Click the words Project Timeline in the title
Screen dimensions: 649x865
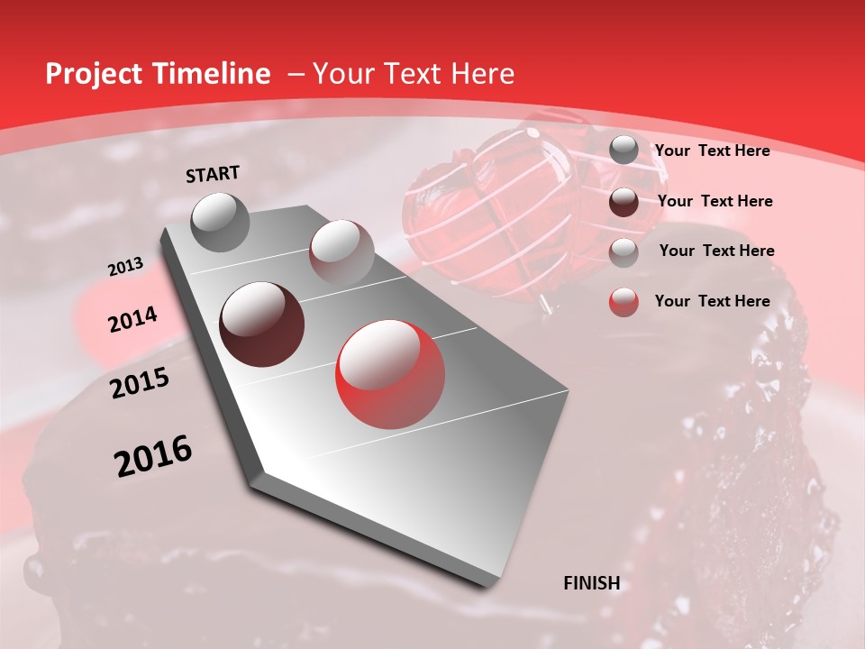158,74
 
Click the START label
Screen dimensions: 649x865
213,174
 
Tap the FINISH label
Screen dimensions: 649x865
591,583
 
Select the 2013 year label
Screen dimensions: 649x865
125,267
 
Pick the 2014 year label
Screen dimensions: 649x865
132,320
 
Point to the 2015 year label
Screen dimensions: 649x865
139,384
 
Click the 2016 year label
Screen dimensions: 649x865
153,455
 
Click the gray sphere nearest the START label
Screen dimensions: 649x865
220,222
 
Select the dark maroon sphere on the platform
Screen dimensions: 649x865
261,324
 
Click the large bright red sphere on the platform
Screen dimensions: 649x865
390,374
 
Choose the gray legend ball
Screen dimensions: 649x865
624,150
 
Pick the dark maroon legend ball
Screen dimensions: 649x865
624,201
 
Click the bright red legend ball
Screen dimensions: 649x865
624,301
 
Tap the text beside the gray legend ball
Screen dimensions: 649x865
712,151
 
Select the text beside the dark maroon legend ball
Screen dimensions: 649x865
715,201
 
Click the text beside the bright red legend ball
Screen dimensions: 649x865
712,301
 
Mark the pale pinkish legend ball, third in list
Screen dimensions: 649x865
624,251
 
